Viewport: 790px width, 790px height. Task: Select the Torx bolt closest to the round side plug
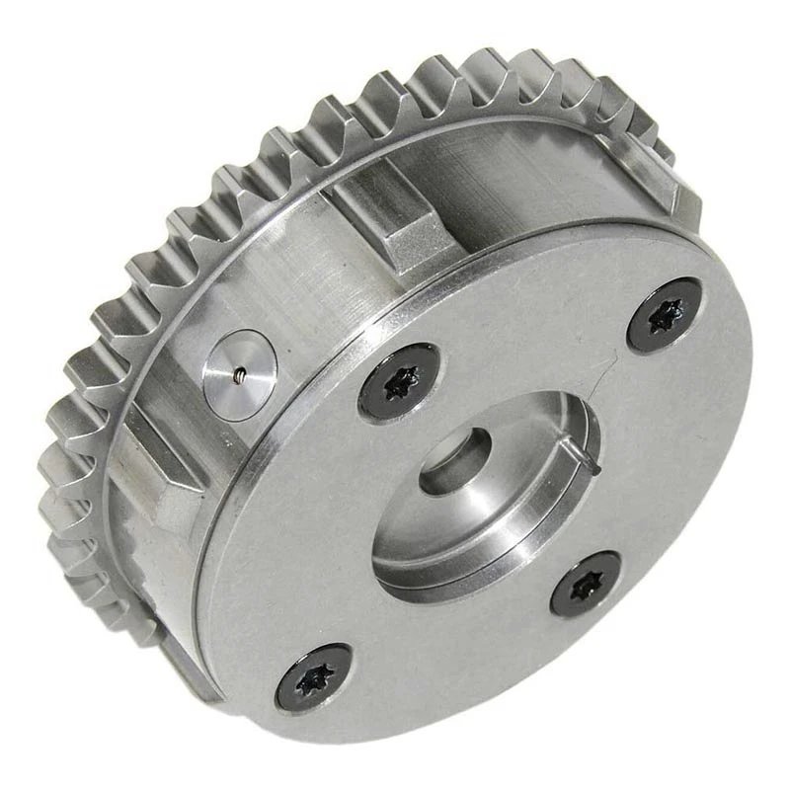click(x=399, y=381)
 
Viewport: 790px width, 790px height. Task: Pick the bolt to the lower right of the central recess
click(x=586, y=584)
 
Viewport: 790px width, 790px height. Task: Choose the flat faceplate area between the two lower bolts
click(x=444, y=652)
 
